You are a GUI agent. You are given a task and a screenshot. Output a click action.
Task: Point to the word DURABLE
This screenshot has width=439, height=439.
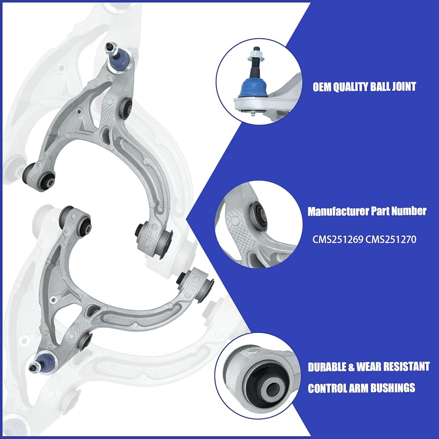[327, 367]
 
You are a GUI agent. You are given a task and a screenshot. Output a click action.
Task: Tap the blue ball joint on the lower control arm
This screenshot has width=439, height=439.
[43, 363]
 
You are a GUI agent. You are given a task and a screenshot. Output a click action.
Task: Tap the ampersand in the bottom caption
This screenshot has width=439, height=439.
[351, 367]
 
